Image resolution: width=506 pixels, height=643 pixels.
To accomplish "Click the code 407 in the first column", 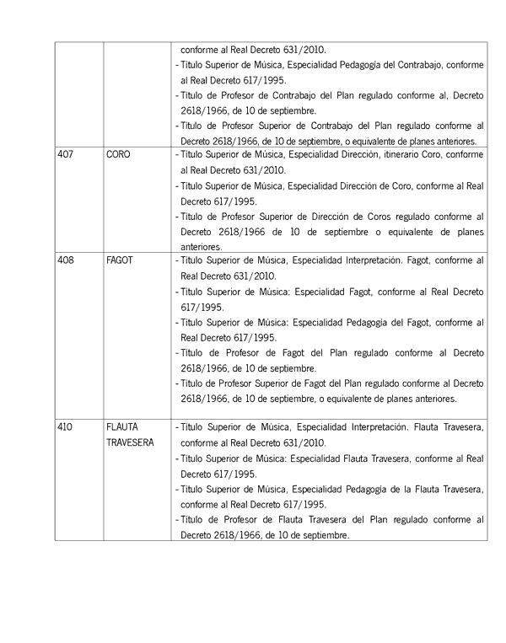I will [x=64, y=156].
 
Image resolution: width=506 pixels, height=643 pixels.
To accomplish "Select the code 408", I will [x=65, y=260].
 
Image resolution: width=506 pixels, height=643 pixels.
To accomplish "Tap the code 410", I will [x=65, y=427].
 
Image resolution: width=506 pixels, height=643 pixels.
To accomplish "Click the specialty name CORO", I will [x=119, y=156].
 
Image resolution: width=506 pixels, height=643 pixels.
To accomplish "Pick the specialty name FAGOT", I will [x=121, y=260].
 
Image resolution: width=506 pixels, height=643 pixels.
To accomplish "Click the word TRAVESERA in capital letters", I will [x=130, y=442].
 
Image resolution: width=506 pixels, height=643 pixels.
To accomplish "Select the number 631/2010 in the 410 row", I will [x=299, y=442].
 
